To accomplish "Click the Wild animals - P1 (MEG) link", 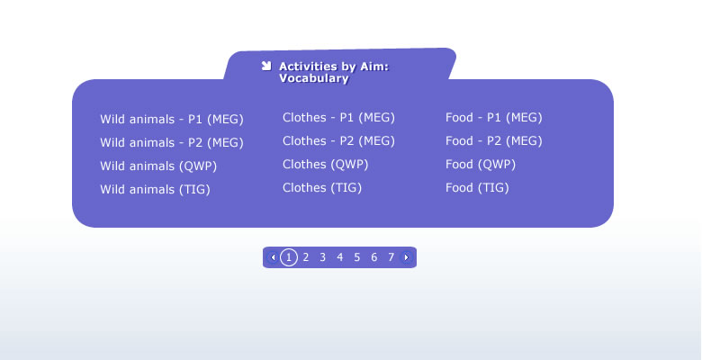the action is tap(172, 120).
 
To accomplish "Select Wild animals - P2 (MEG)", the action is tap(172, 143).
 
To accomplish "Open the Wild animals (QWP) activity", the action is tap(158, 166).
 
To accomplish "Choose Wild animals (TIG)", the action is tap(155, 189).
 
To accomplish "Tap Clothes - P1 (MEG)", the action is tap(339, 118).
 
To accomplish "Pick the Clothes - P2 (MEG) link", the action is tap(339, 141).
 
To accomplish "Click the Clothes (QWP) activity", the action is tap(326, 165).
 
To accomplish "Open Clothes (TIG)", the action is tap(322, 187).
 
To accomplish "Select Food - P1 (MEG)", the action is tap(494, 118).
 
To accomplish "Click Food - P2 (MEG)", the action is tap(494, 141).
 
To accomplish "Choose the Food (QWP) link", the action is tap(481, 165).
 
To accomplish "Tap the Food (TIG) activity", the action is tap(477, 187).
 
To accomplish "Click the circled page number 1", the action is tap(289, 257).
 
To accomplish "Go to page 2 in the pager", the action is tap(306, 257).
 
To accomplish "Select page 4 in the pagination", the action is tap(340, 257).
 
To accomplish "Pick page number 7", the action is tap(391, 257).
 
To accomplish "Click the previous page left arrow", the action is tap(273, 257).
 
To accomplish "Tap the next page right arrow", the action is tap(406, 257).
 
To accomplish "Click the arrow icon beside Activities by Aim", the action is tap(266, 67).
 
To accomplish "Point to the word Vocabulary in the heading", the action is tap(314, 78).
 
